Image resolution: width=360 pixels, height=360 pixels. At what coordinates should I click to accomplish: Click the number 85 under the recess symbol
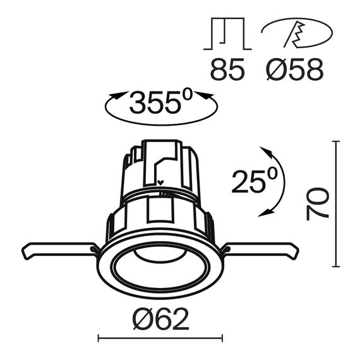(x=227, y=69)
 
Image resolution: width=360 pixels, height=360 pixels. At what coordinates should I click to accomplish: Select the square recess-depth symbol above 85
(x=227, y=34)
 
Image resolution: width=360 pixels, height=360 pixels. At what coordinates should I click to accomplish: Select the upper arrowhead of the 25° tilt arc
(x=266, y=152)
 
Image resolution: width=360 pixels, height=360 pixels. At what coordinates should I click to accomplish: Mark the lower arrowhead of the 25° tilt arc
(x=264, y=213)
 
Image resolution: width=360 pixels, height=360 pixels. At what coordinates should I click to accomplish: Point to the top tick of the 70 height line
(x=337, y=142)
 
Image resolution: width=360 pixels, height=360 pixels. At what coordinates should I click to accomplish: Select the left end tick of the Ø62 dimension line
(x=99, y=339)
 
